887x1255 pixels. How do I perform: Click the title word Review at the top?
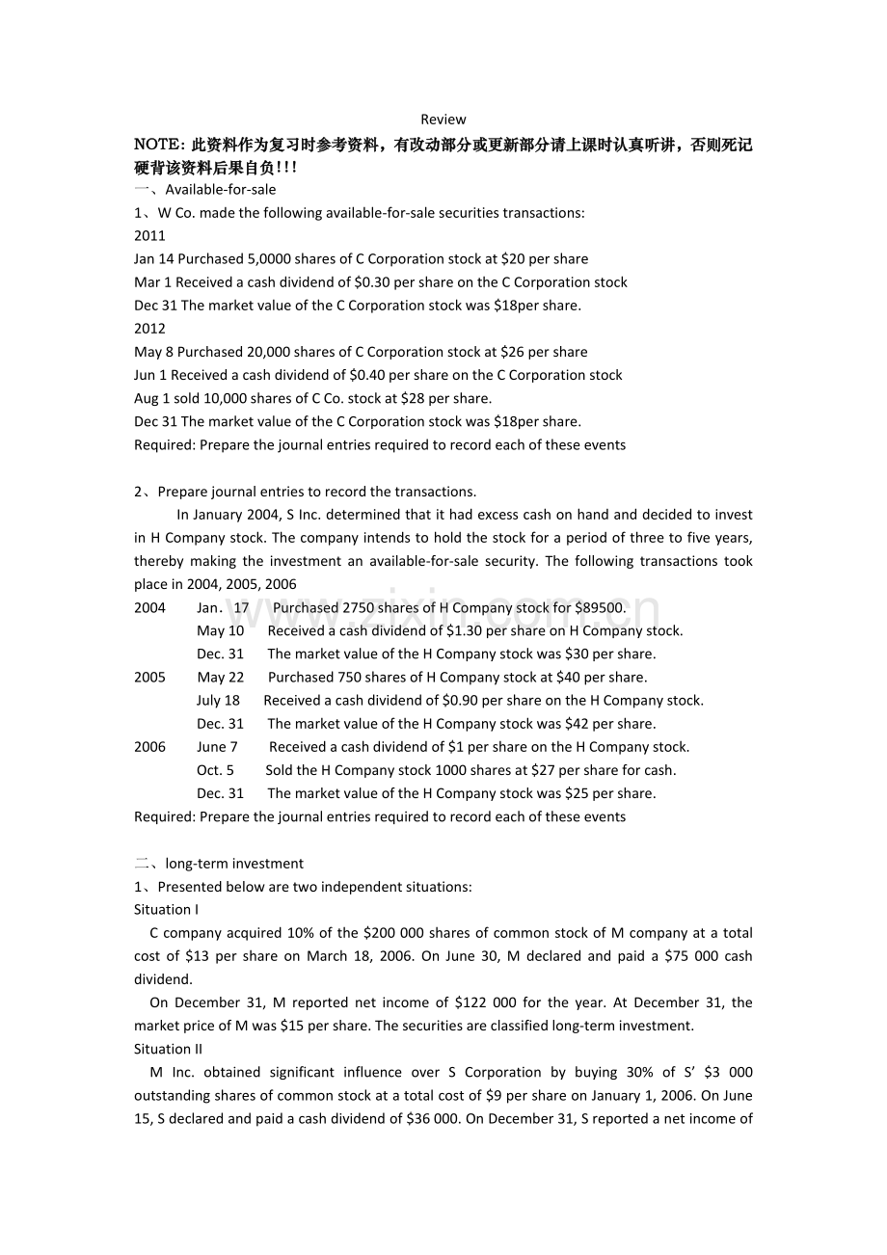pos(443,120)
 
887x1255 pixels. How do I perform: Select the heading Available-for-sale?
pos(221,189)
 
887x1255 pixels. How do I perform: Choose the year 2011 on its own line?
pos(149,235)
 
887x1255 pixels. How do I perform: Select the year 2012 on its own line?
pos(149,329)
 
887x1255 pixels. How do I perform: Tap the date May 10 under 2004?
pos(220,630)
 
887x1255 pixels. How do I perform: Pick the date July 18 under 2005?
pos(218,701)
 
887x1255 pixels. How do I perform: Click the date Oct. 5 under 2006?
pos(215,770)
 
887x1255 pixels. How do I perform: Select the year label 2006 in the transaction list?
pos(149,747)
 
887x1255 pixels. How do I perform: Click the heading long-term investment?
pos(234,864)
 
